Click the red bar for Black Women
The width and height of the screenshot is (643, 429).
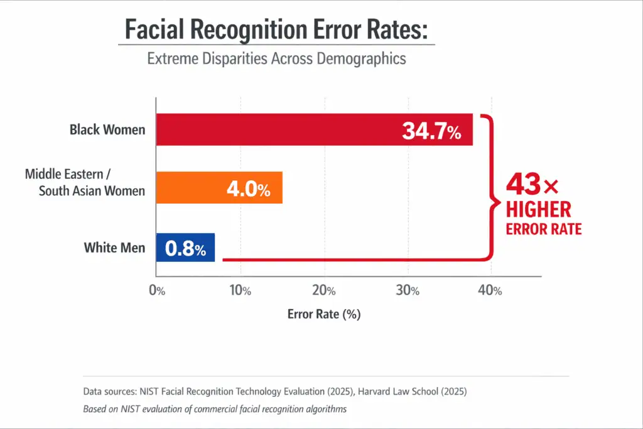(x=276, y=130)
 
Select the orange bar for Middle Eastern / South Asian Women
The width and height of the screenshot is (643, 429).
(x=188, y=188)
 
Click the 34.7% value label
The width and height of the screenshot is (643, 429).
(x=431, y=131)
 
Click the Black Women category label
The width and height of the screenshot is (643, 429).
(x=107, y=130)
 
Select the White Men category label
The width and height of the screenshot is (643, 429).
(x=114, y=247)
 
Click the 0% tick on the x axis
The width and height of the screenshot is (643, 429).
(x=156, y=291)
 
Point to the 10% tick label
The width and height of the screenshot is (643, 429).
(x=240, y=291)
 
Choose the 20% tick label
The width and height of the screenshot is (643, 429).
(x=324, y=291)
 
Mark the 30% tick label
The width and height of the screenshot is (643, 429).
(x=408, y=291)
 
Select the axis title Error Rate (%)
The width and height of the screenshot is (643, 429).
(x=323, y=314)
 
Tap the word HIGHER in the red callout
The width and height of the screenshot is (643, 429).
(x=538, y=209)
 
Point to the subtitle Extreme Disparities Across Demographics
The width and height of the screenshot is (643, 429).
(x=276, y=58)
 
